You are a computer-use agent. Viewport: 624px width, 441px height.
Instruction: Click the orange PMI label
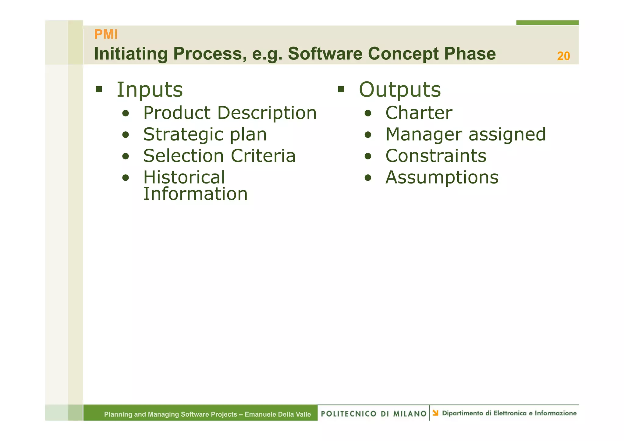pyautogui.click(x=106, y=34)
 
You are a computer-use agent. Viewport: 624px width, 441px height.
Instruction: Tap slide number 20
pyautogui.click(x=563, y=56)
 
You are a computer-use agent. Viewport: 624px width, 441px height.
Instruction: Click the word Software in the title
pyautogui.click(x=325, y=54)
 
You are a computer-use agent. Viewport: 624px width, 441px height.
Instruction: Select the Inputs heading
pyautogui.click(x=150, y=90)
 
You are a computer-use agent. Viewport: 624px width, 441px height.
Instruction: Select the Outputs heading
pyautogui.click(x=400, y=90)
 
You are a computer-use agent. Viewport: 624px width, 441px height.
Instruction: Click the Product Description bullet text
pyautogui.click(x=230, y=113)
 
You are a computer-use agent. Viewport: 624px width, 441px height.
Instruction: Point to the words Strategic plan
pyautogui.click(x=205, y=134)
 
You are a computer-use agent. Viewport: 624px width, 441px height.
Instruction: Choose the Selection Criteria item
pyautogui.click(x=219, y=156)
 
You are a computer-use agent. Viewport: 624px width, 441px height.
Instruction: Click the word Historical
pyautogui.click(x=184, y=177)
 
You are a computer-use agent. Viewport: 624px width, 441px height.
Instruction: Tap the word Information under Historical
pyautogui.click(x=195, y=194)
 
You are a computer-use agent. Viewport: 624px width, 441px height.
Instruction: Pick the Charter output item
pyautogui.click(x=419, y=113)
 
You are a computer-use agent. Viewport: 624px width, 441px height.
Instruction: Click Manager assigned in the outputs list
pyautogui.click(x=465, y=134)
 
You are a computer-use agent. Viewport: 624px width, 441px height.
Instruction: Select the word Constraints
pyautogui.click(x=436, y=156)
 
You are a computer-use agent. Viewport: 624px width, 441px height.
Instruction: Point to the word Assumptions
pyautogui.click(x=442, y=177)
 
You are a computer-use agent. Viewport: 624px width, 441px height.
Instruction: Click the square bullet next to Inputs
pyautogui.click(x=98, y=90)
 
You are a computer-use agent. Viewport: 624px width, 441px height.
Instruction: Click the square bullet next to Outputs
pyautogui.click(x=341, y=90)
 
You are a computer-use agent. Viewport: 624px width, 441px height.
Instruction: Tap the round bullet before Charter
pyautogui.click(x=368, y=114)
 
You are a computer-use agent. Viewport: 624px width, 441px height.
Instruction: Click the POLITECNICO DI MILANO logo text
pyautogui.click(x=374, y=414)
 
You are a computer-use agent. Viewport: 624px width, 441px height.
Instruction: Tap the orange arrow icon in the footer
pyautogui.click(x=435, y=413)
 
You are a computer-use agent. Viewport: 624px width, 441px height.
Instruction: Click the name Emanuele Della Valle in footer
pyautogui.click(x=278, y=414)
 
